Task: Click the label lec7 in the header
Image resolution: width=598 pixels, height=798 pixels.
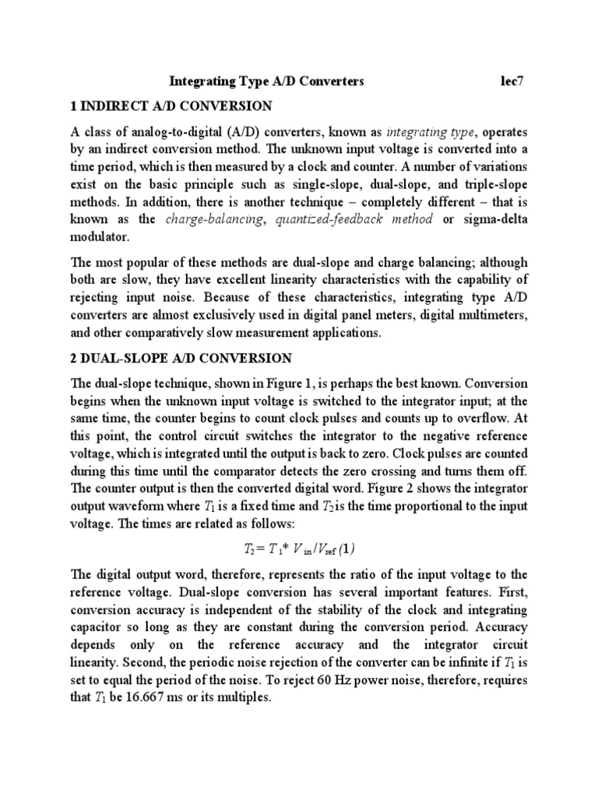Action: tap(513, 80)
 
